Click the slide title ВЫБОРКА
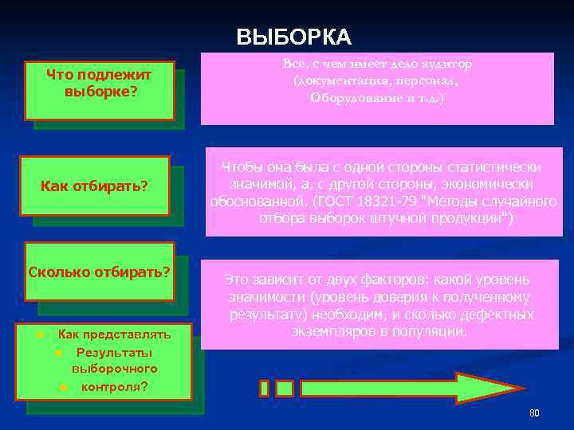(x=293, y=37)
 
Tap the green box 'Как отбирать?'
(x=95, y=186)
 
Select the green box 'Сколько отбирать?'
(x=99, y=271)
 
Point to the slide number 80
(x=534, y=413)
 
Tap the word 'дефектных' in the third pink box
(x=500, y=315)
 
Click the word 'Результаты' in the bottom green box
(x=115, y=352)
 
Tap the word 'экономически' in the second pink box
(x=495, y=185)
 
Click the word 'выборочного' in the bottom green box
(x=115, y=369)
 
